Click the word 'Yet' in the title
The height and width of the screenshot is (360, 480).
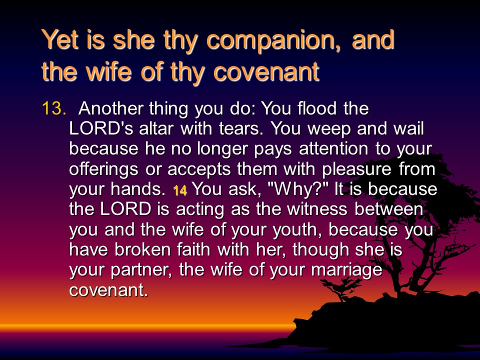coord(61,40)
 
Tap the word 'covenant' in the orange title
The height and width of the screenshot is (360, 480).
coord(266,71)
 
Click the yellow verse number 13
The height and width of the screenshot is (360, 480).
coord(54,108)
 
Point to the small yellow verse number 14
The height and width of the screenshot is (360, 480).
coord(180,190)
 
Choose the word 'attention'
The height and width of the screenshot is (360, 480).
coord(333,149)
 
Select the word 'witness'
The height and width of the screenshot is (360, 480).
coord(317,209)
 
